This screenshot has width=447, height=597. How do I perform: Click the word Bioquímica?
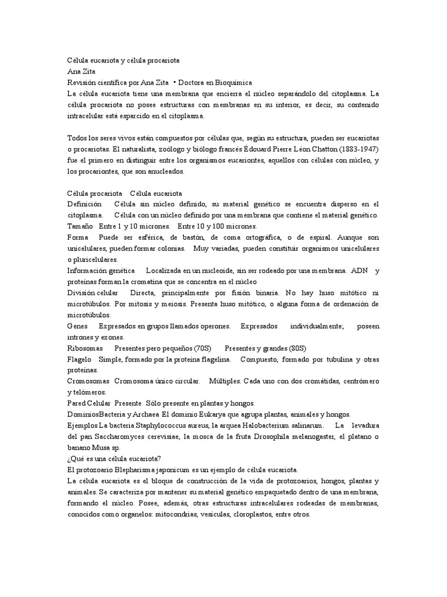pyautogui.click(x=215, y=83)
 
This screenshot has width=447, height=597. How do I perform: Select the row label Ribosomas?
pyautogui.click(x=85, y=348)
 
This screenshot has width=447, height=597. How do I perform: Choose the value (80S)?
pyautogui.click(x=295, y=348)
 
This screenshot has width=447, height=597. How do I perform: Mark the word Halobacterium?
pyautogui.click(x=260, y=426)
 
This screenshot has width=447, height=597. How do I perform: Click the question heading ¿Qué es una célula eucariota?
pyautogui.click(x=114, y=459)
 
